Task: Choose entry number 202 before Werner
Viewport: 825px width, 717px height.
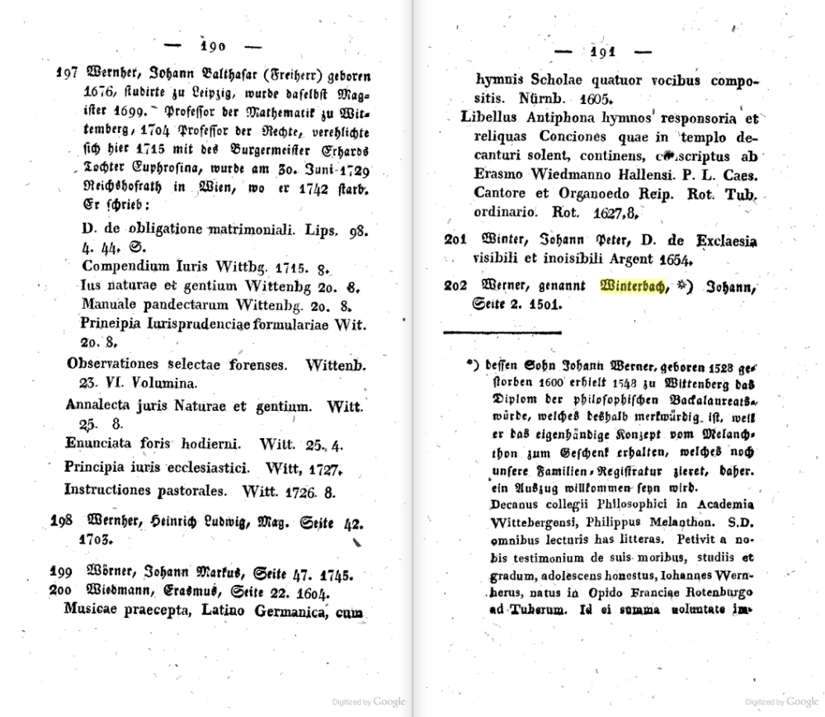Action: [456, 287]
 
